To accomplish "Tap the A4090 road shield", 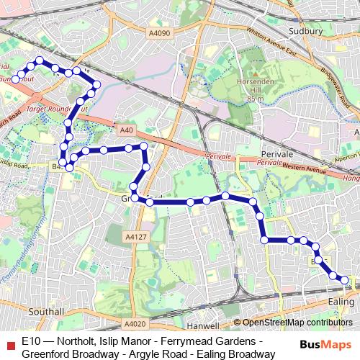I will tap(161, 32).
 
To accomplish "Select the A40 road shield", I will tap(127, 130).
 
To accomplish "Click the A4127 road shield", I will tap(135, 235).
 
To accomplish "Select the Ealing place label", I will tap(341, 300).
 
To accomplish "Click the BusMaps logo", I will tap(328, 344).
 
